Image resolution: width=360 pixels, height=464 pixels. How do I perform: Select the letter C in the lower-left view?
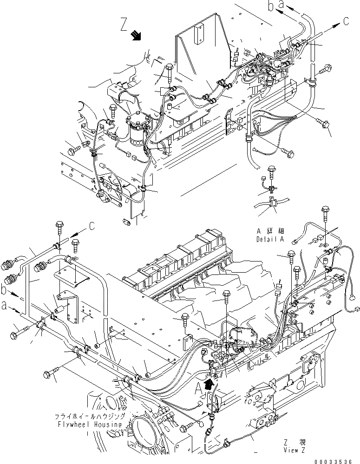[92, 227]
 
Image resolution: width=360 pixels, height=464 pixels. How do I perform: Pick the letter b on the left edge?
[4, 291]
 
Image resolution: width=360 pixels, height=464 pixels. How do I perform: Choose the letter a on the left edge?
[4, 306]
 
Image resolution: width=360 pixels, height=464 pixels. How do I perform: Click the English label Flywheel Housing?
[95, 425]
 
